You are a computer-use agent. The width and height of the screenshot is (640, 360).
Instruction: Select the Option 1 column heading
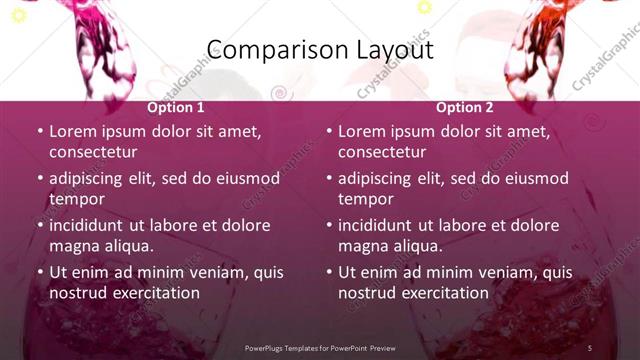pos(176,107)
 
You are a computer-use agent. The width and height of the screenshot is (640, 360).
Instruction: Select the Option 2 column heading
pos(465,107)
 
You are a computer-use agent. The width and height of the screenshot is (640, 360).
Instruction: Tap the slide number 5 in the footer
pos(589,347)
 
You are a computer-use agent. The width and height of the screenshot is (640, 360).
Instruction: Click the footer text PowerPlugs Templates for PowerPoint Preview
pos(320,347)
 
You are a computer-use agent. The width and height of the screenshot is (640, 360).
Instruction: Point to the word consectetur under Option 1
pos(93,152)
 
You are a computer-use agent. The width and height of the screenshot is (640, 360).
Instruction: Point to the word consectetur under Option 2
pos(382,152)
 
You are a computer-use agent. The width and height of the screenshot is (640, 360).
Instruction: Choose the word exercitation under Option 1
pos(155,293)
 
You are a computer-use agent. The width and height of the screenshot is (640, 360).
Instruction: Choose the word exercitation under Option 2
pos(444,293)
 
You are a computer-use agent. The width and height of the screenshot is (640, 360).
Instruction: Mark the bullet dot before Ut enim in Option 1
pos(39,272)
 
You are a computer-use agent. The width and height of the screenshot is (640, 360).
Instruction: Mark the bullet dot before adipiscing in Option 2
pos(328,178)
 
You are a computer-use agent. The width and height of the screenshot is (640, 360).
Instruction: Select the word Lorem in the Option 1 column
pos(72,131)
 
